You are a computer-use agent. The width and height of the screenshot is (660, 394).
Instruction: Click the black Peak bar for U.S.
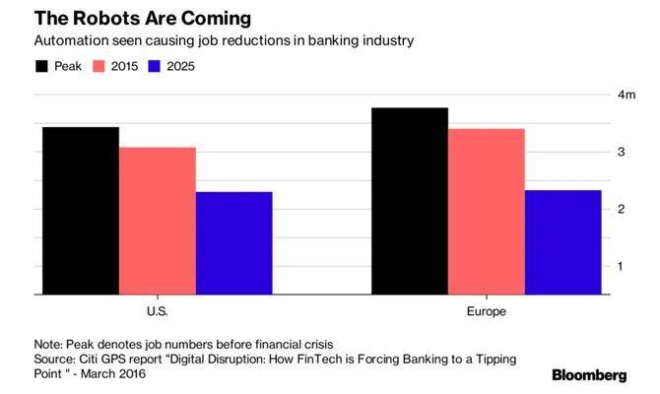[81, 210]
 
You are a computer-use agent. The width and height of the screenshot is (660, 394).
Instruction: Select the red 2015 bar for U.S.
[158, 221]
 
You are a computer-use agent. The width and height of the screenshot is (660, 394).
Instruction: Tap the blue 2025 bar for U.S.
[233, 242]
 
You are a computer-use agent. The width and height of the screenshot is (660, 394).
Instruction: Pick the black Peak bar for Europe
[409, 201]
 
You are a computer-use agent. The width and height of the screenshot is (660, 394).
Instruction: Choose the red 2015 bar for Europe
[486, 211]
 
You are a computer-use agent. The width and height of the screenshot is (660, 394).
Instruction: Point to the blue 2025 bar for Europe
[562, 241]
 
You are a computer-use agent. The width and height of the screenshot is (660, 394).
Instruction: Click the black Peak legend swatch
[42, 67]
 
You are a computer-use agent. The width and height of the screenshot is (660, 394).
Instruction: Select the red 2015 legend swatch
[99, 67]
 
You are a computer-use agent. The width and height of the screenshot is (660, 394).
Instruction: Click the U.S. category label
[157, 311]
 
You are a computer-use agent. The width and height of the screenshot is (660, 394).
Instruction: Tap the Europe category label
[486, 311]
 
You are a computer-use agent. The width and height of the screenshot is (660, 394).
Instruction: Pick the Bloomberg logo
[588, 375]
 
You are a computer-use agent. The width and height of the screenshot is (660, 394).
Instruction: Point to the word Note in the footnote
[47, 343]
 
